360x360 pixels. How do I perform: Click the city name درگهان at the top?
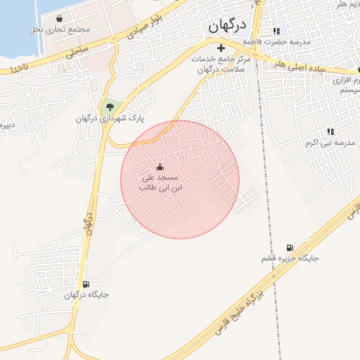click(x=228, y=26)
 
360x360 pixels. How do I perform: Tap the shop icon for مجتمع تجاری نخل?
click(x=58, y=18)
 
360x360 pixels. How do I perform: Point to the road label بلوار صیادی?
click(x=149, y=26)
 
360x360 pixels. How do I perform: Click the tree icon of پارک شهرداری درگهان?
click(x=108, y=108)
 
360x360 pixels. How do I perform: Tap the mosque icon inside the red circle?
click(x=160, y=167)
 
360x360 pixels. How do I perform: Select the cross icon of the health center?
click(x=221, y=49)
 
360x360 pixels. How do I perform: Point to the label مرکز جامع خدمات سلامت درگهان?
click(x=217, y=64)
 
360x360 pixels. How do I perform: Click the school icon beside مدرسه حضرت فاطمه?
click(x=276, y=31)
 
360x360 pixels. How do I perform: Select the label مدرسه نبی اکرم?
click(x=330, y=143)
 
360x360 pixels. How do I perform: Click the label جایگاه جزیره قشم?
click(x=290, y=259)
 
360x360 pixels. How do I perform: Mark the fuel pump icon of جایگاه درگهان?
click(x=86, y=284)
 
